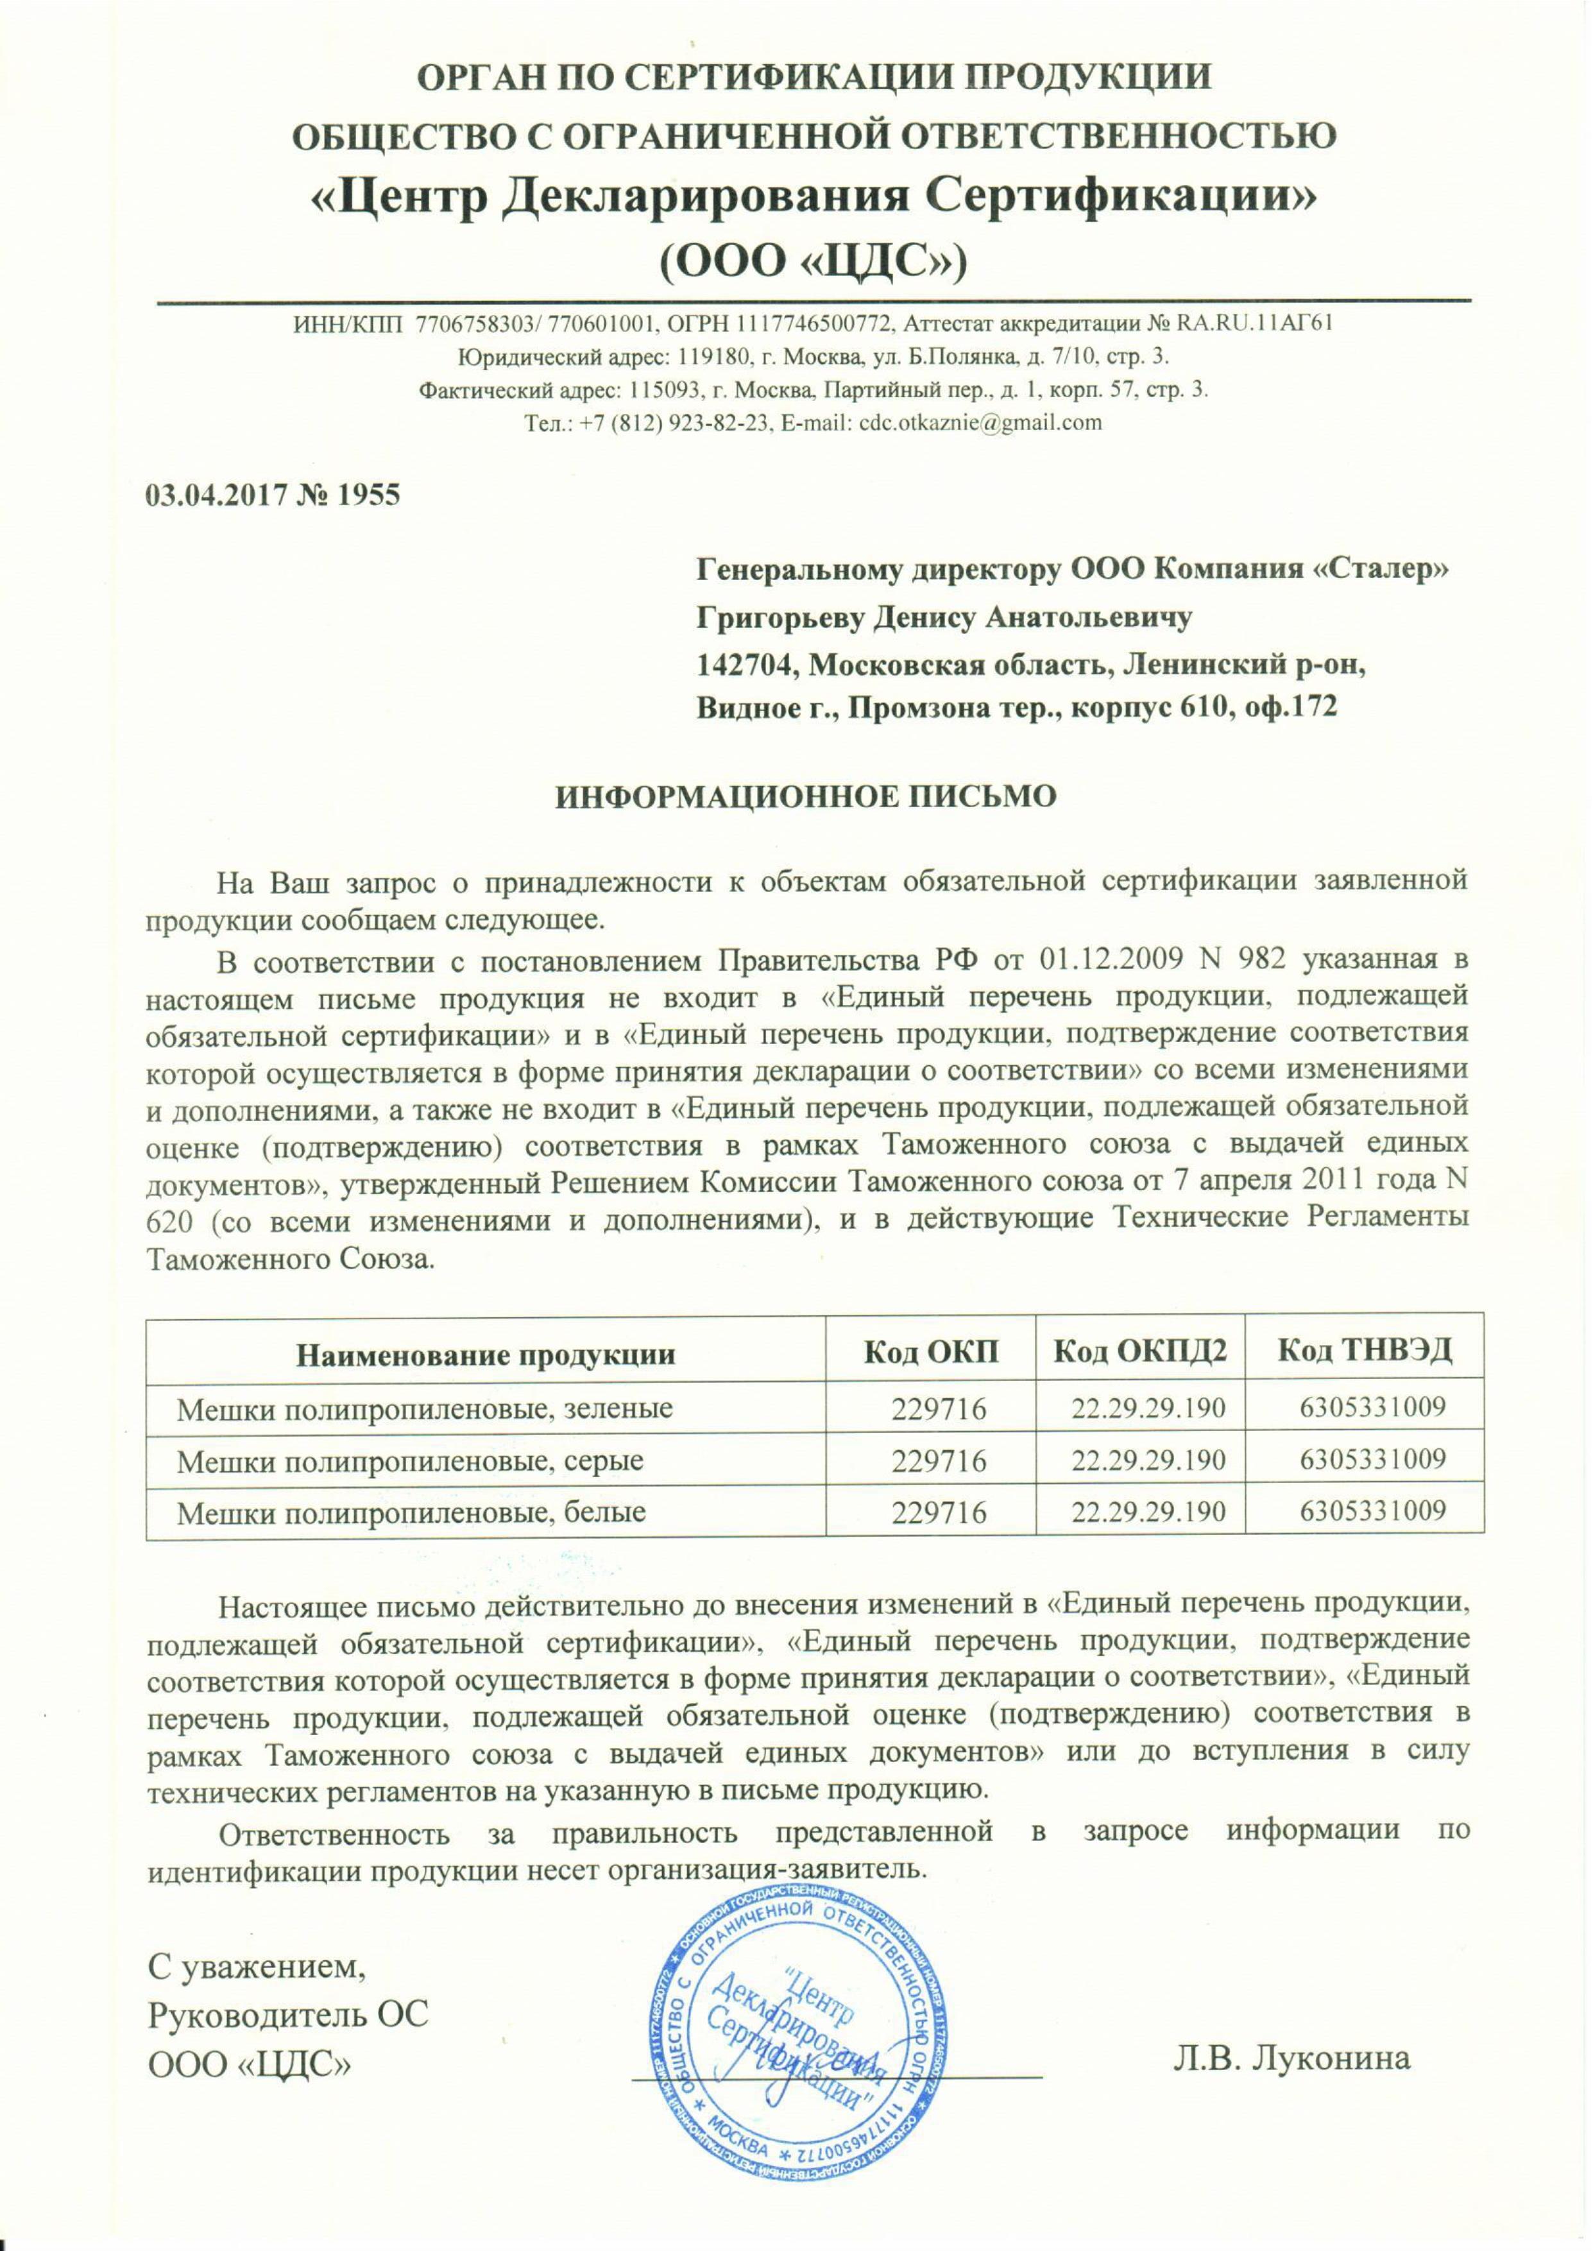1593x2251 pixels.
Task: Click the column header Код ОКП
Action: [x=931, y=1355]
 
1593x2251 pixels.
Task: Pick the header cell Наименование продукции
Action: [x=486, y=1355]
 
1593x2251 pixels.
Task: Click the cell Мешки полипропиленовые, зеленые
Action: [x=424, y=1410]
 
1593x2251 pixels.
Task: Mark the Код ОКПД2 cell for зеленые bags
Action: [x=1148, y=1410]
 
